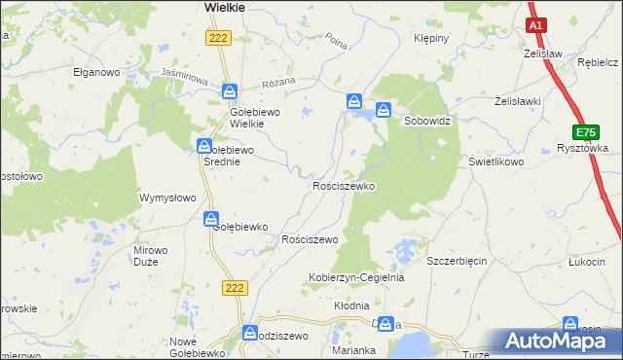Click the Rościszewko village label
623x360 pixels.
pyautogui.click(x=343, y=185)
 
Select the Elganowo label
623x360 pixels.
pyautogui.click(x=96, y=72)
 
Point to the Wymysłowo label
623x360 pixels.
pyautogui.click(x=168, y=198)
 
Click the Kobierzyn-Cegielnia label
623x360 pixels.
pyautogui.click(x=356, y=277)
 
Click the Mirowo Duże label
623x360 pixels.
pyautogui.click(x=150, y=256)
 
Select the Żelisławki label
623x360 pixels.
pyautogui.click(x=518, y=100)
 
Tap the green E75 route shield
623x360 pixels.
pyautogui.click(x=585, y=132)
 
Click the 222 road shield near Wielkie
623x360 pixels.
pyautogui.click(x=218, y=37)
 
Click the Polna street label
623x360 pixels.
pyautogui.click(x=337, y=42)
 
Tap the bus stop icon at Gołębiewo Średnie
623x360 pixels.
pyautogui.click(x=204, y=147)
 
